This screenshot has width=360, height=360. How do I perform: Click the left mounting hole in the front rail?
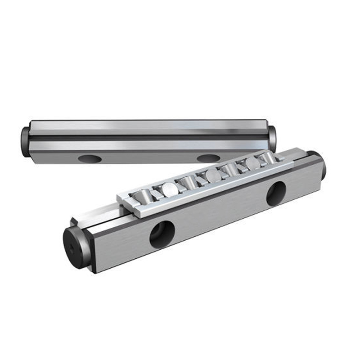[162, 234]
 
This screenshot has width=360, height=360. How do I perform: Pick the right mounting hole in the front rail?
[275, 193]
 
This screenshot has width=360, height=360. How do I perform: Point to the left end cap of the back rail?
[25, 141]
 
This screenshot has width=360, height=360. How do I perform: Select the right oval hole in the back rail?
[208, 158]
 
